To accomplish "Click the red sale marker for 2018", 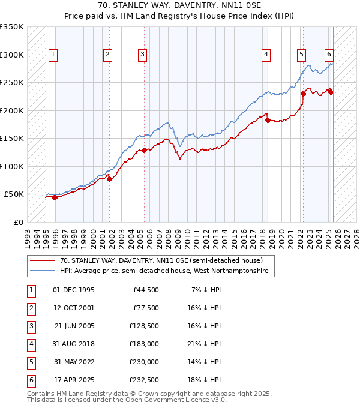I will (268, 120).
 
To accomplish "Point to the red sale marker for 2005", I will (144, 150).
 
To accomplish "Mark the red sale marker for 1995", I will (55, 197).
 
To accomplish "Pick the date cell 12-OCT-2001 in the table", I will (74, 308).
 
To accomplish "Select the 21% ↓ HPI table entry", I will (206, 344).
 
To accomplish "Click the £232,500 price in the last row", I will (143, 380).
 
